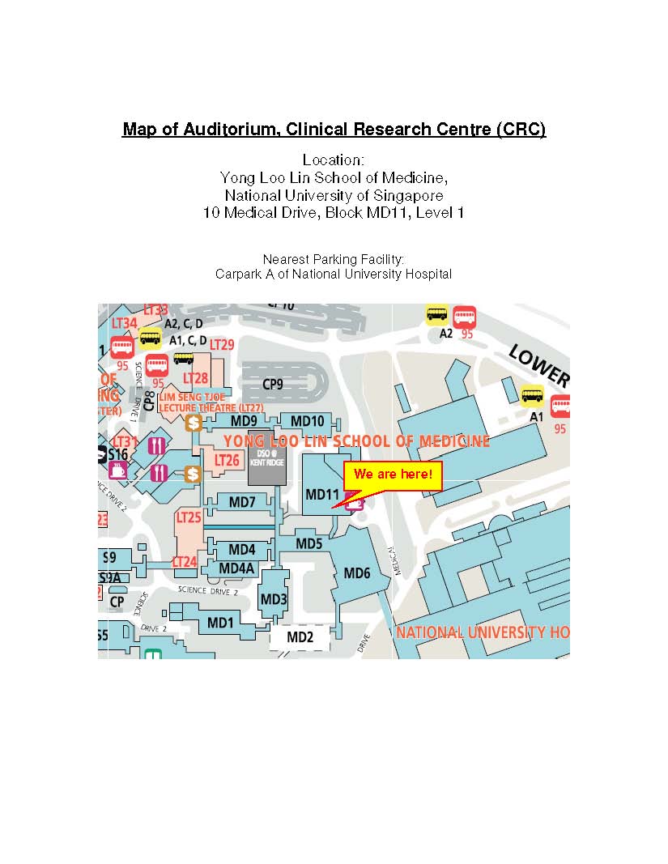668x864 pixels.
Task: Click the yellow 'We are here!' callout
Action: coord(394,474)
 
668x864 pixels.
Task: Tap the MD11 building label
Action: coord(321,494)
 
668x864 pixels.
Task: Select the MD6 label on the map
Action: coord(357,573)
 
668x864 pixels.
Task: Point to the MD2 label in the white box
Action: coord(300,637)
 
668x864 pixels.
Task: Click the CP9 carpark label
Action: coord(272,385)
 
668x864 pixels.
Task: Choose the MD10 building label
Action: coord(307,421)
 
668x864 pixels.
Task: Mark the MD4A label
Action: coord(237,568)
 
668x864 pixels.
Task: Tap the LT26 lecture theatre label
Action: coord(228,460)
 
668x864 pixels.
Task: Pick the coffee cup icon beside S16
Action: coord(118,470)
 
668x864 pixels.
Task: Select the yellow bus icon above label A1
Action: coord(532,395)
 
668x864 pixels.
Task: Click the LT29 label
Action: coord(222,345)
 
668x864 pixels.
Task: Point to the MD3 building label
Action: coord(274,599)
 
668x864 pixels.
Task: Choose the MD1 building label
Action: coord(220,623)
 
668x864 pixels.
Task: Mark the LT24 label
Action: coord(185,561)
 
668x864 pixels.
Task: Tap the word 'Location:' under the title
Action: coord(334,160)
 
